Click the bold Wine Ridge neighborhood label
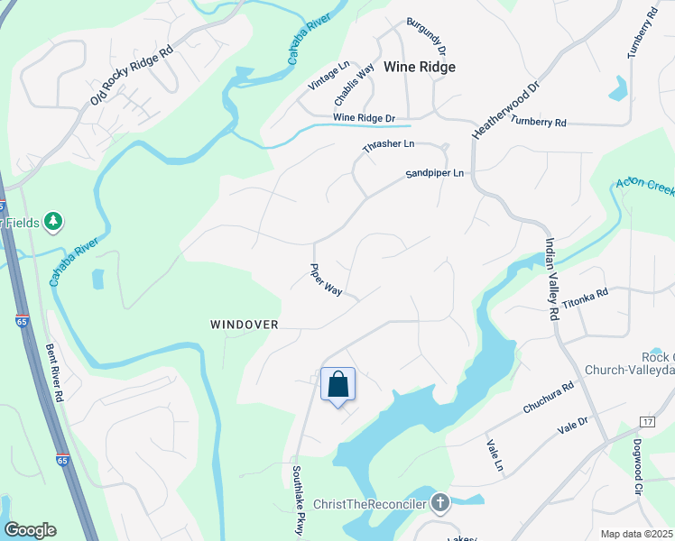click(420, 67)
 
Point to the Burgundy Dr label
click(426, 37)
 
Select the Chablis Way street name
click(355, 85)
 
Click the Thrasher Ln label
click(388, 144)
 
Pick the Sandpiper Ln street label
click(434, 173)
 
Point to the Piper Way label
click(326, 280)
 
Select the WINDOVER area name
click(245, 324)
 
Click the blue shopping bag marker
click(338, 385)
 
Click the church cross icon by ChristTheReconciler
click(439, 502)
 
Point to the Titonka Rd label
click(586, 298)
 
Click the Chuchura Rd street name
click(548, 399)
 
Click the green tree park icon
click(53, 221)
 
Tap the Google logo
click(31, 530)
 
